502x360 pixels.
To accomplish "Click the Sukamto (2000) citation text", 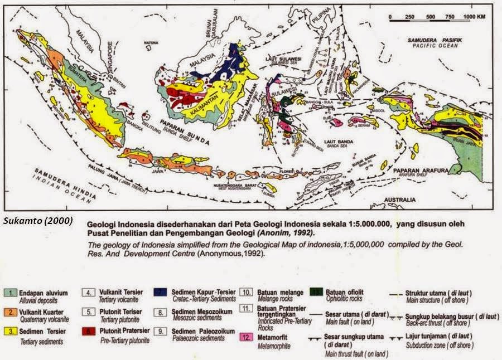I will pyautogui.click(x=38, y=221).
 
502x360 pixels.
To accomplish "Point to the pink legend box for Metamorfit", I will pyautogui.click(x=246, y=335).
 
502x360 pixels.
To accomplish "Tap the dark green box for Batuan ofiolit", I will pyautogui.click(x=315, y=292).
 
